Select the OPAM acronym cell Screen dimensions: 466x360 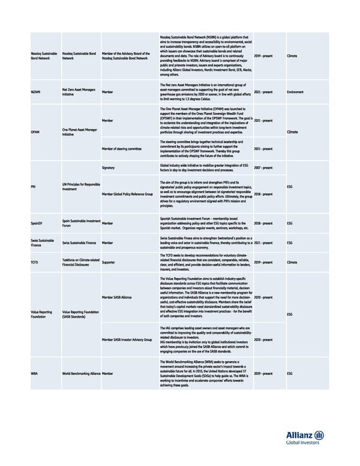[35, 132]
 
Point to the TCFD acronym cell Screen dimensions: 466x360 [35, 262]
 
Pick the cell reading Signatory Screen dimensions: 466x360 [109, 168]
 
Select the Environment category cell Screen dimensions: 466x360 [296, 92]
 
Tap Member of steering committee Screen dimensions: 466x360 [122, 148]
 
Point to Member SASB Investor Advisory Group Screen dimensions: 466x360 [127, 339]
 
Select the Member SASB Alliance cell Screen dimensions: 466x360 [118, 297]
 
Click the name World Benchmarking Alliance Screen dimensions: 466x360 [81, 373]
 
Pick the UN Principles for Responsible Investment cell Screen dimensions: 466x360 [81, 186]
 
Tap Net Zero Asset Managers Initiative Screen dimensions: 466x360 [76, 92]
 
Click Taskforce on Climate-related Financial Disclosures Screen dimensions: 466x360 [79, 262]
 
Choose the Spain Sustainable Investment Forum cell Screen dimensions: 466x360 [81, 223]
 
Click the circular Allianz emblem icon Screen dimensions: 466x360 [319, 435]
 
